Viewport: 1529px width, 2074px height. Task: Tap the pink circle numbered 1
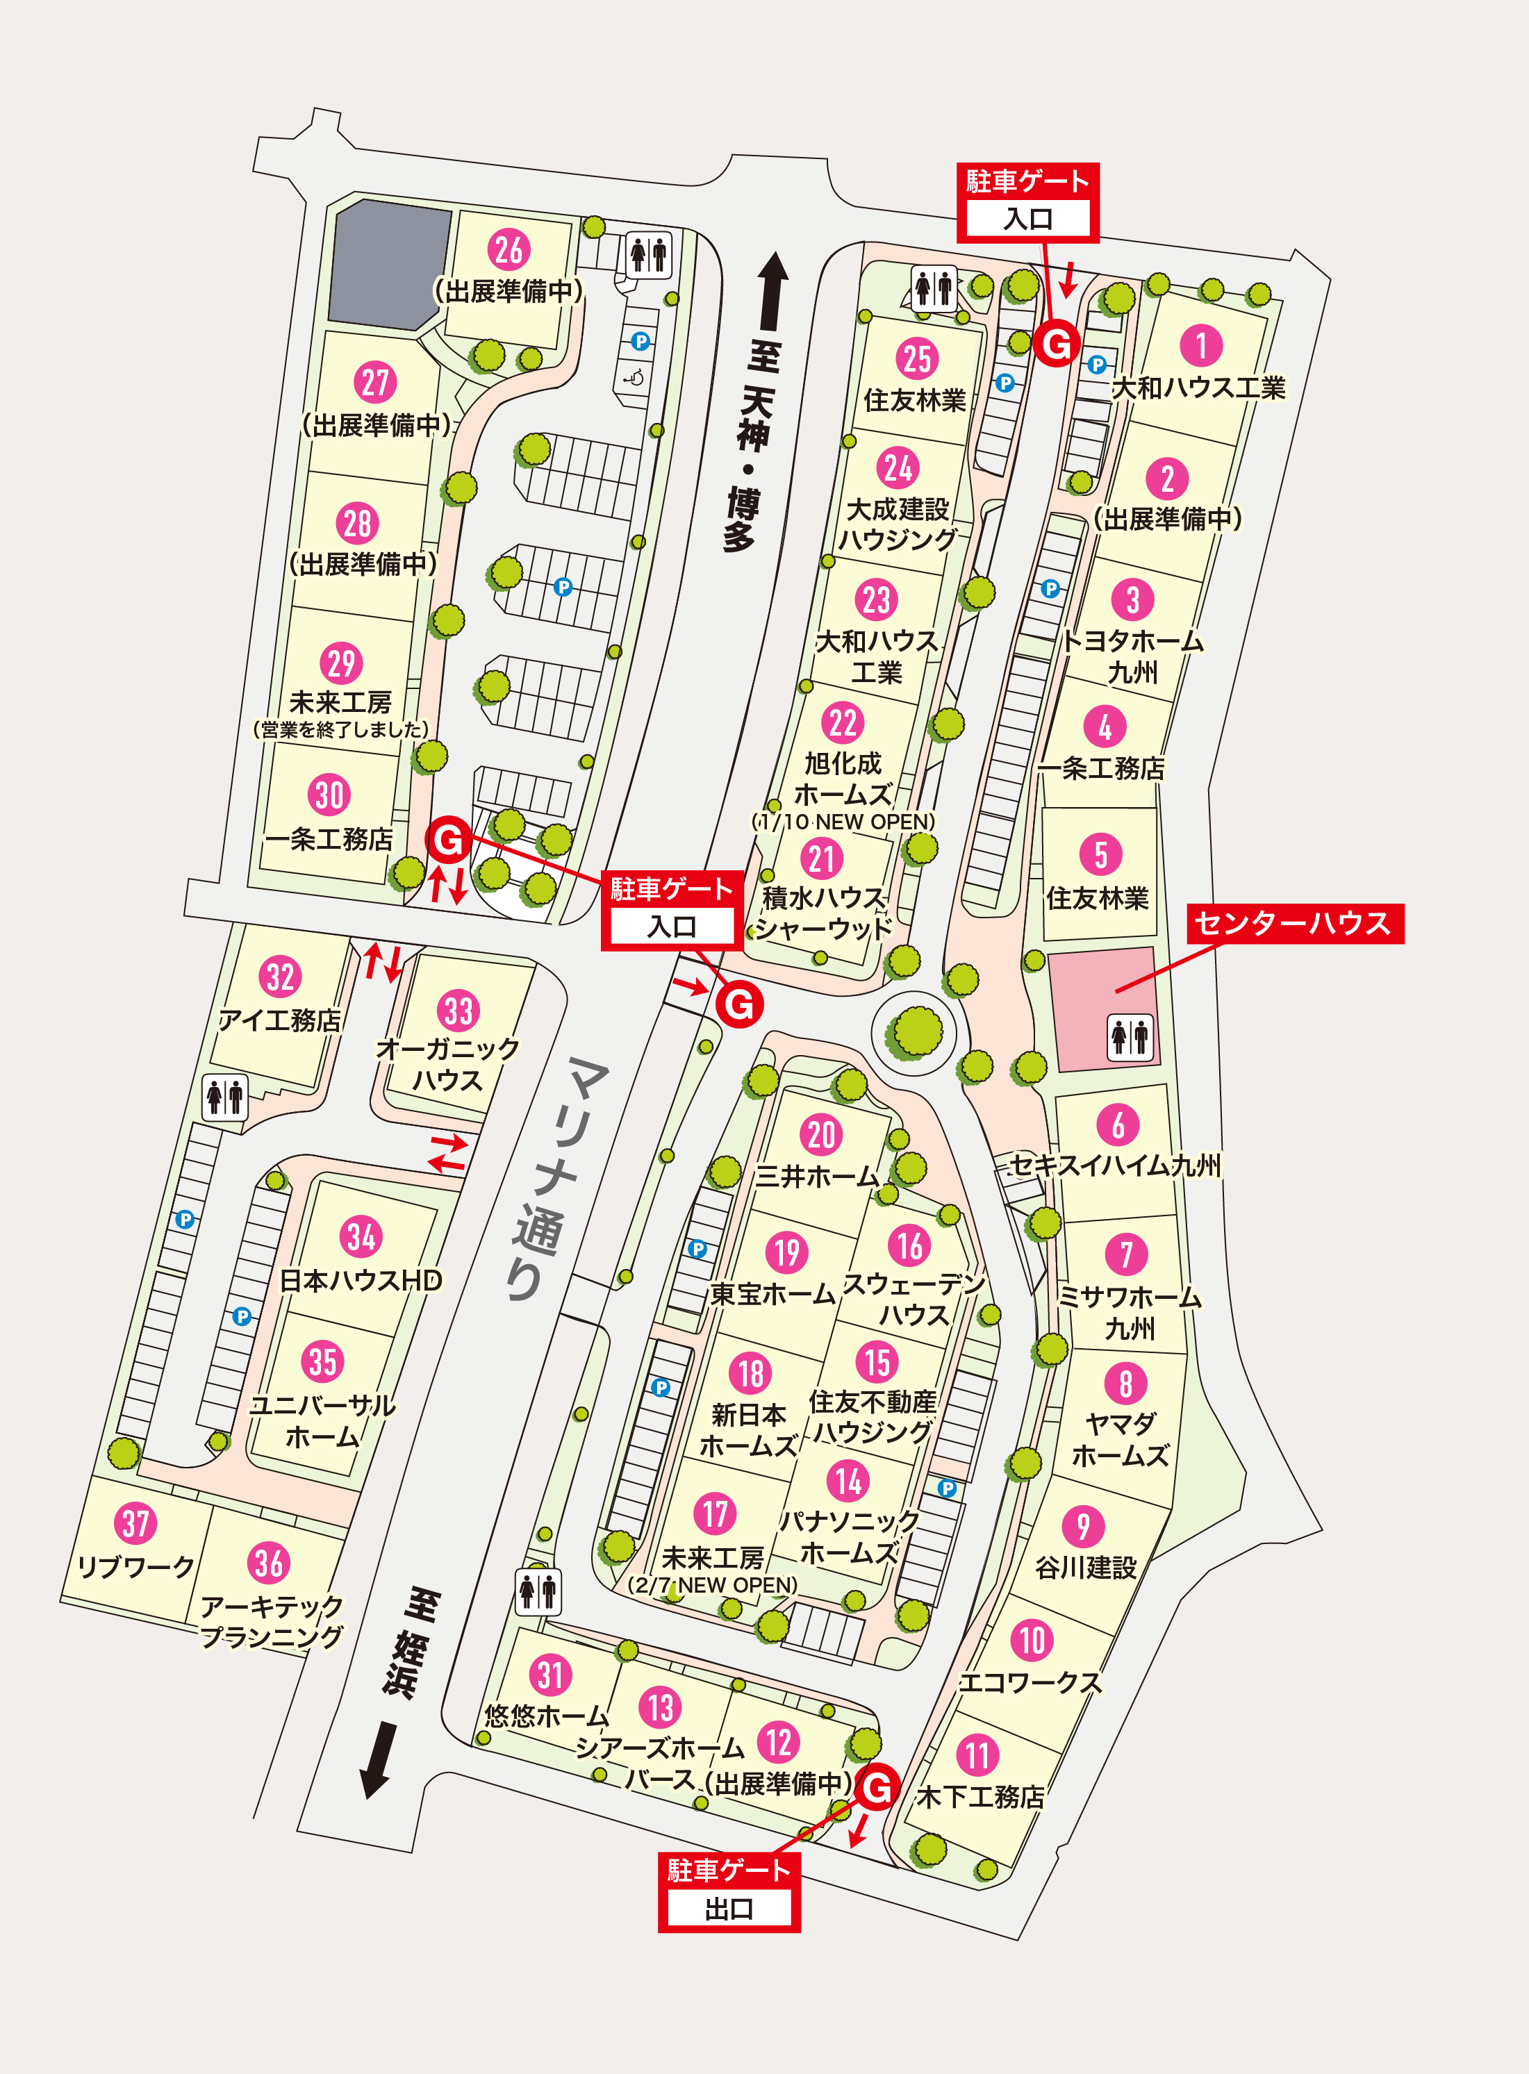1200,345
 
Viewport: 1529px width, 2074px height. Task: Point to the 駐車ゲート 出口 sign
729,1891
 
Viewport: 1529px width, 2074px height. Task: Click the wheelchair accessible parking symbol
635,376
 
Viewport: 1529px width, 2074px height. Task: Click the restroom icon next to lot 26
648,253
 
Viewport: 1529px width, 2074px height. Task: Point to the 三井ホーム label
816,1177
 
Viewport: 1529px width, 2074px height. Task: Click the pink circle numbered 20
821,1135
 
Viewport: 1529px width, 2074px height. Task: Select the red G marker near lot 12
877,1786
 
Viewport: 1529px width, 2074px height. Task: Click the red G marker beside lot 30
449,840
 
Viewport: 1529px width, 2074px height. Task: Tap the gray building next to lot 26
386,265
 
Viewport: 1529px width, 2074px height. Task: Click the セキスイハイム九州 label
1114,1165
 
